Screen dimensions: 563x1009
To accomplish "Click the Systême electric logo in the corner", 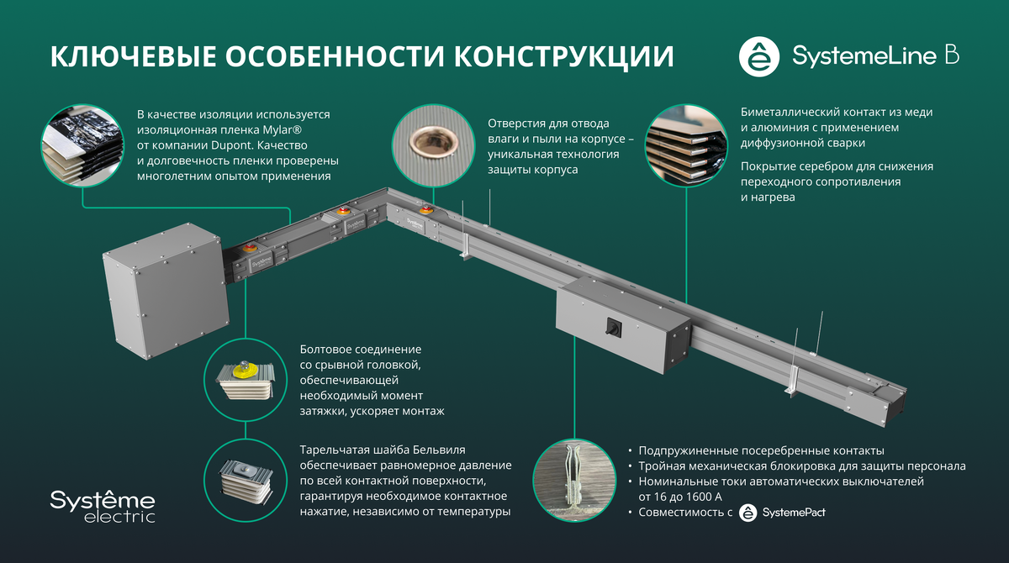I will tap(102, 505).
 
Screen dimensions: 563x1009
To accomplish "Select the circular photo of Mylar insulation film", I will tap(82, 144).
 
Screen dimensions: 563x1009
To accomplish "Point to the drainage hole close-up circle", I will tap(432, 144).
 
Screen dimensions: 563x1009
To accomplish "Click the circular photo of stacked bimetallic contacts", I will tap(686, 144).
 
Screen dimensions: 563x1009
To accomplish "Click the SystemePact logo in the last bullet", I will tap(782, 513).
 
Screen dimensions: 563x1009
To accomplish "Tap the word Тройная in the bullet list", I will tap(663, 466).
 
